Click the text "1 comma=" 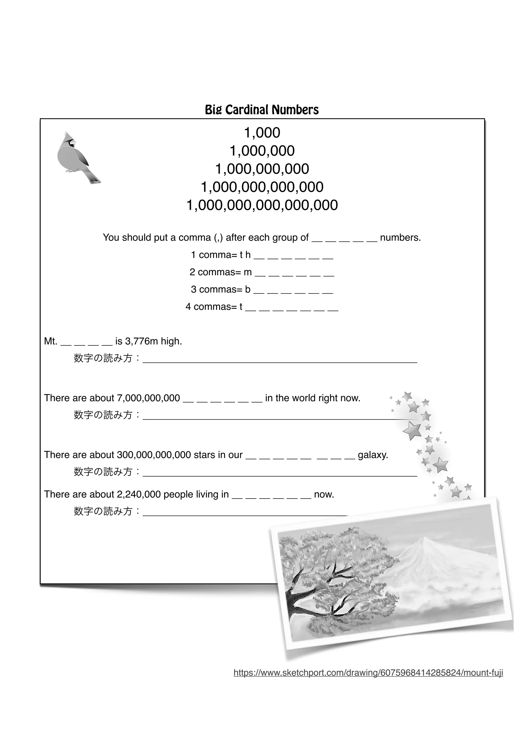click(x=214, y=255)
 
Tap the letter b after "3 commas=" click(x=248, y=289)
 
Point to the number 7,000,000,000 click(x=148, y=398)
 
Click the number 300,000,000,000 click(x=154, y=455)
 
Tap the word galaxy click(x=373, y=455)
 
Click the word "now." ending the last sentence click(x=324, y=494)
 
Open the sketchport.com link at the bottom click(x=368, y=673)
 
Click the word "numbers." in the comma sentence click(x=400, y=238)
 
